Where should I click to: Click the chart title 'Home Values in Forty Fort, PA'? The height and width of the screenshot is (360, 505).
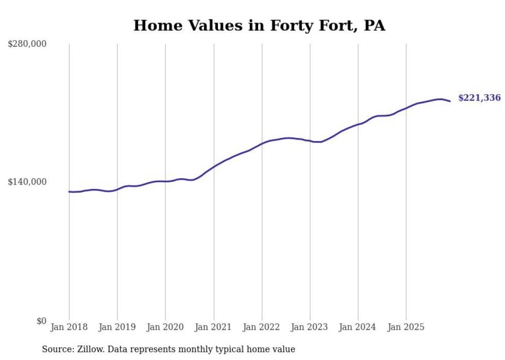[x=259, y=25]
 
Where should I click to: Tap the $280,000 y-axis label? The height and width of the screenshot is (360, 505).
[x=27, y=44]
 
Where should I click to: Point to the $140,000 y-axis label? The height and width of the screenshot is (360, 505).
[x=27, y=182]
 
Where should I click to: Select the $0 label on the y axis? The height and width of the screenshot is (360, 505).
[x=41, y=321]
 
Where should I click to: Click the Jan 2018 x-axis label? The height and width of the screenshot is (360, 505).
[x=69, y=327]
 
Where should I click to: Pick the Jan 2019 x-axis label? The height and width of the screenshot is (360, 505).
[x=117, y=327]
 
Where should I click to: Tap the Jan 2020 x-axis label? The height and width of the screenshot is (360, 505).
[x=165, y=327]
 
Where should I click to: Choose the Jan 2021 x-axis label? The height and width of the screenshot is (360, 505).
[x=213, y=327]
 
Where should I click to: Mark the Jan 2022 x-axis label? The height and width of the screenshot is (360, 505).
[x=262, y=327]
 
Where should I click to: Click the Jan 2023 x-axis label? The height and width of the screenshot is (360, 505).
[x=310, y=327]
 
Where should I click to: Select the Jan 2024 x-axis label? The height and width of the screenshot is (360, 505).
[x=358, y=327]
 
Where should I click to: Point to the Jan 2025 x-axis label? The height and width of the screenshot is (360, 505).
[x=406, y=327]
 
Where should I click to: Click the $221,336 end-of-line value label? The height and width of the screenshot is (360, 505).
[x=479, y=98]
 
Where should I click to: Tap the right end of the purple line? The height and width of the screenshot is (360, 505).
[x=450, y=101]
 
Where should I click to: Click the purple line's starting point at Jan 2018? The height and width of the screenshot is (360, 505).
[x=69, y=192]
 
